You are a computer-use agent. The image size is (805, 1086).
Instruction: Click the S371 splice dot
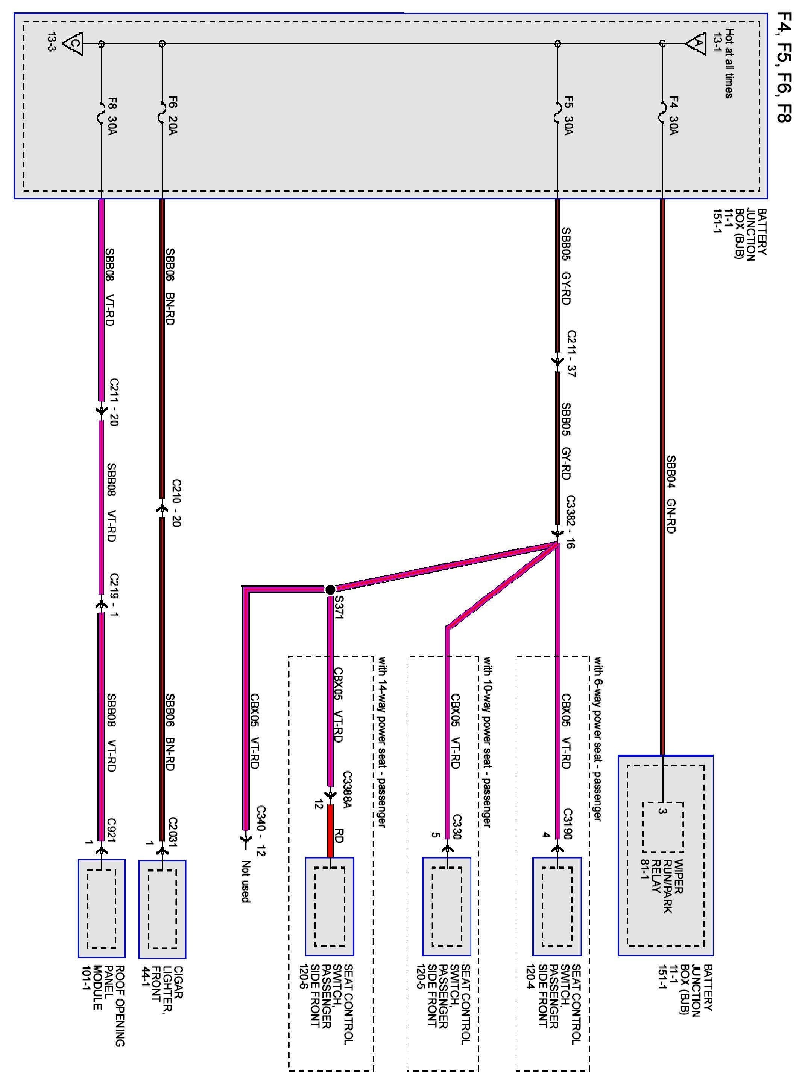pyautogui.click(x=330, y=590)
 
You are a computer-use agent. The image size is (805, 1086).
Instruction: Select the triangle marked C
pyautogui.click(x=73, y=43)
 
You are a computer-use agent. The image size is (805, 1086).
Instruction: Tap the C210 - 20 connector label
pyautogui.click(x=176, y=503)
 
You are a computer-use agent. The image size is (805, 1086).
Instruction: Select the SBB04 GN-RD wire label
pyautogui.click(x=671, y=494)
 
